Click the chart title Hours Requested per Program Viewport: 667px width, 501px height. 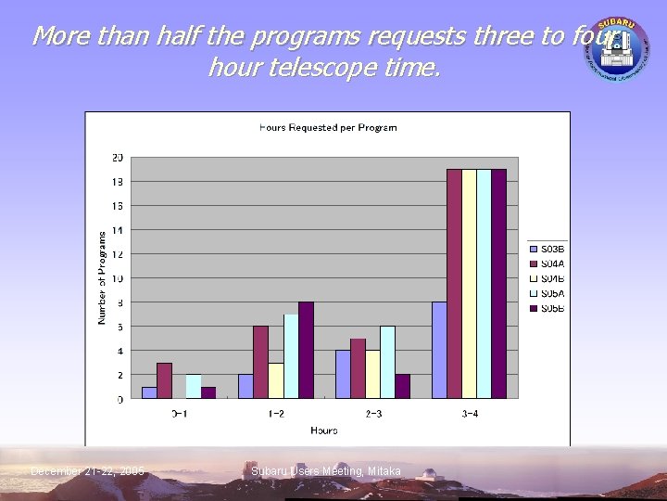coord(328,127)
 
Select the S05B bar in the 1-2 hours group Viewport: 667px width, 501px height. coord(306,350)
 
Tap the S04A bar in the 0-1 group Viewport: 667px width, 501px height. coord(164,380)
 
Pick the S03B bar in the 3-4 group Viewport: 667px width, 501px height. coord(439,350)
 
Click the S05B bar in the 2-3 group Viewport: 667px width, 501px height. coord(403,386)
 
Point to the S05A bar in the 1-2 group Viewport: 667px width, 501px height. coord(291,356)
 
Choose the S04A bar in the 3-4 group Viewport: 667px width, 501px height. coord(454,283)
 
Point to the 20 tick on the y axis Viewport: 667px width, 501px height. coord(118,157)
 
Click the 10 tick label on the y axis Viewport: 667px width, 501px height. coord(118,278)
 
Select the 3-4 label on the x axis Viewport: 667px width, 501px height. coord(470,413)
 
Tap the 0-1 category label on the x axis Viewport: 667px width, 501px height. coord(180,413)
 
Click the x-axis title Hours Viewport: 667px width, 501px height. coord(324,430)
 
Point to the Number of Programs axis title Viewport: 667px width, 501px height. coord(102,277)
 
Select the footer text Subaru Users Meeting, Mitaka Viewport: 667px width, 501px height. coord(325,471)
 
